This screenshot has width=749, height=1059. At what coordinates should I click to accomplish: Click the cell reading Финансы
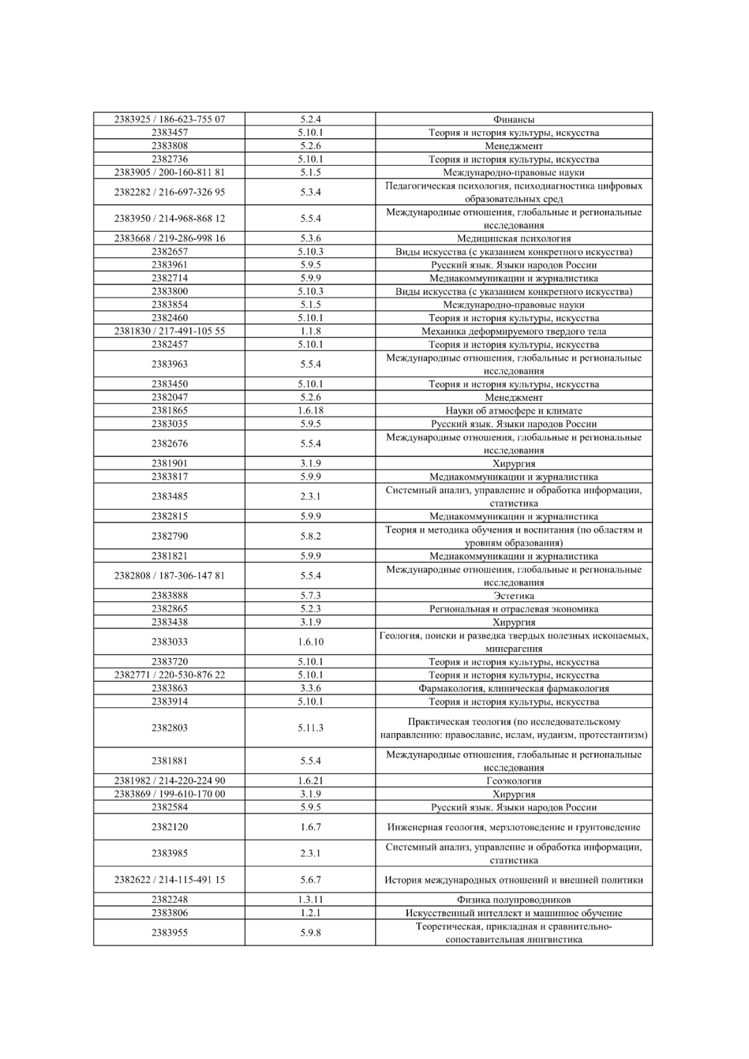coord(514,119)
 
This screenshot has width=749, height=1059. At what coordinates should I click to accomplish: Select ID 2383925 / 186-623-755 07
coord(170,119)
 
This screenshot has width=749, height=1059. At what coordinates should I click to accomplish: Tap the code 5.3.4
coord(311,192)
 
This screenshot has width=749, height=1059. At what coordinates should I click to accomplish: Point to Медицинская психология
coord(514,239)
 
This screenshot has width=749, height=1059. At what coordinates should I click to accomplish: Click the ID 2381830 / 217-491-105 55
coord(170,332)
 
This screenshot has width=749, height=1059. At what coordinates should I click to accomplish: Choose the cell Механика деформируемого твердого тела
coord(514,332)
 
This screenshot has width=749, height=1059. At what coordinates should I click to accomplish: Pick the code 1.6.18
coord(311,411)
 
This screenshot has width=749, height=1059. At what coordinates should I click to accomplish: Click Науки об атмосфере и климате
coord(514,411)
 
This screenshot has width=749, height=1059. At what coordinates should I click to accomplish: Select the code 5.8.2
coord(311,536)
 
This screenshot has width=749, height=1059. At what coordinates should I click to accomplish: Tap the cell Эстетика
coord(514,596)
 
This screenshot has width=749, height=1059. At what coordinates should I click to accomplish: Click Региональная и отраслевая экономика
coord(514,609)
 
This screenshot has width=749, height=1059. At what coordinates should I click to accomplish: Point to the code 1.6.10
coord(311,642)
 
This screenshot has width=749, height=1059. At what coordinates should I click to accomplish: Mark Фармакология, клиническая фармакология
coord(514,689)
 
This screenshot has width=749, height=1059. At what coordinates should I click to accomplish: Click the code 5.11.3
coord(311,728)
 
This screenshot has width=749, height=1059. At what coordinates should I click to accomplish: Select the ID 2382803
coord(170,728)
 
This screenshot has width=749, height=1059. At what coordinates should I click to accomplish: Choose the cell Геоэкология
coord(514,781)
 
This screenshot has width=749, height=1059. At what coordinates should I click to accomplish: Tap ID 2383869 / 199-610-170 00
coord(170,794)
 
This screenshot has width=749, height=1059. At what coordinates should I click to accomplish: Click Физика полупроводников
coord(514,900)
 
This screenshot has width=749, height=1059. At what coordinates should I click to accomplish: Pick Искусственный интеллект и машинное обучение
coord(514,913)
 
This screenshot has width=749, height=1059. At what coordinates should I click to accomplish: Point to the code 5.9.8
coord(311,933)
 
